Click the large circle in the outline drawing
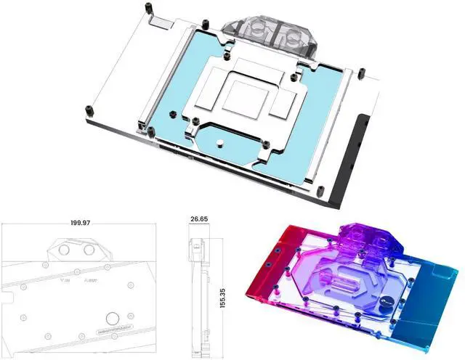[113, 317]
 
